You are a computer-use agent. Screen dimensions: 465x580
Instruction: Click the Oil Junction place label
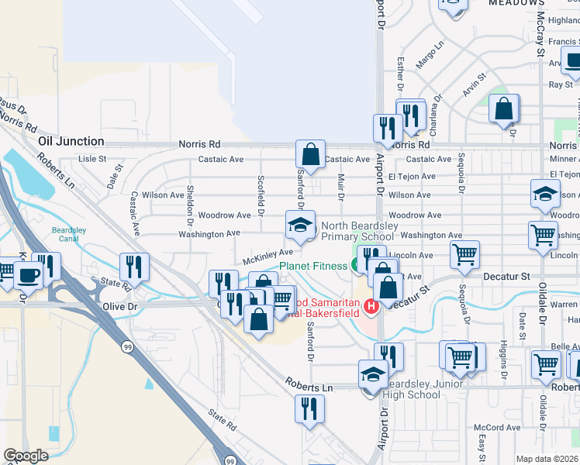pyautogui.click(x=71, y=141)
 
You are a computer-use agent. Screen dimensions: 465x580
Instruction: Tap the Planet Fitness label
pyautogui.click(x=313, y=266)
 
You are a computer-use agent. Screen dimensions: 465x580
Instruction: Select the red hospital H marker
pyautogui.click(x=371, y=307)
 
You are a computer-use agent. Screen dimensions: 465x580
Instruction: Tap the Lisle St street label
pyautogui.click(x=92, y=159)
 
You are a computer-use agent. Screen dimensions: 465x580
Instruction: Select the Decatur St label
pyautogui.click(x=509, y=275)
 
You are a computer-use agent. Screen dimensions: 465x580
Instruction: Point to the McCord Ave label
pyautogui.click(x=497, y=427)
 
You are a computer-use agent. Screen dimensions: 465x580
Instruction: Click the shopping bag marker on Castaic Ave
pyautogui.click(x=310, y=154)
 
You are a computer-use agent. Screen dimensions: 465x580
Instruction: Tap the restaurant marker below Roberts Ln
pyautogui.click(x=310, y=408)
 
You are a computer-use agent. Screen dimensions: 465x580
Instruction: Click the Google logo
pyautogui.click(x=26, y=456)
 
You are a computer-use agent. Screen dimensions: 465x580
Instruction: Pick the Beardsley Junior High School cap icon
pyautogui.click(x=373, y=374)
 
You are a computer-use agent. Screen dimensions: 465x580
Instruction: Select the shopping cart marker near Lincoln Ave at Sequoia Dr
pyautogui.click(x=464, y=254)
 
